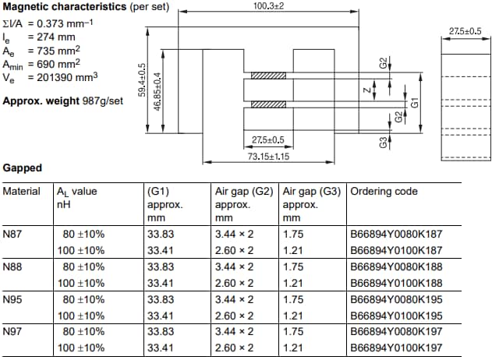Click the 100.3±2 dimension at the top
click(x=269, y=6)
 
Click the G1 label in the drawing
click(x=416, y=101)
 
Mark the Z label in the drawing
click(x=366, y=90)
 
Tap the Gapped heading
click(x=23, y=168)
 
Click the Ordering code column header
click(x=384, y=192)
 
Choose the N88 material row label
click(x=14, y=266)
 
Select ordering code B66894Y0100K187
click(x=397, y=250)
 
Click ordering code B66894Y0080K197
click(x=397, y=332)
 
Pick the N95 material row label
click(x=14, y=299)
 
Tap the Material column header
click(x=22, y=192)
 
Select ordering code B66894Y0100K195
click(x=397, y=316)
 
